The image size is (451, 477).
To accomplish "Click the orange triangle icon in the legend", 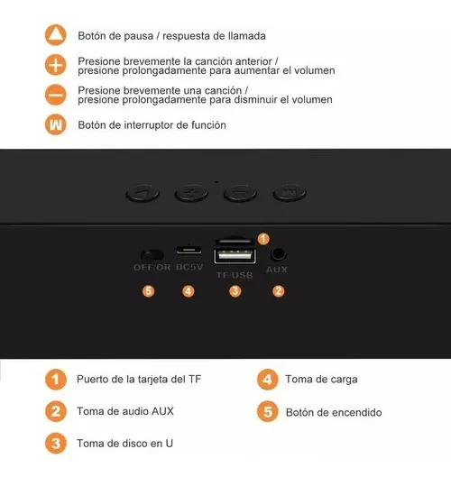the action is coord(55,35).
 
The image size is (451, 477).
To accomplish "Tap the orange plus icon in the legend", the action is coord(55,65).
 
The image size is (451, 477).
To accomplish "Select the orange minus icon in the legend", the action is coord(55,95).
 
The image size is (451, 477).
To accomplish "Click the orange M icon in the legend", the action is coord(55,124).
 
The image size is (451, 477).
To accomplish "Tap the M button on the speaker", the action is coord(290,193).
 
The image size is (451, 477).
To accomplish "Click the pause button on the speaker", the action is coord(143,193).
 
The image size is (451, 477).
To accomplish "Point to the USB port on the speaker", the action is coord(235,256).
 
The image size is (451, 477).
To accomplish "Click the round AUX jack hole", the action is coord(278,253).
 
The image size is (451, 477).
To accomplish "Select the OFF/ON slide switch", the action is coord(152,255).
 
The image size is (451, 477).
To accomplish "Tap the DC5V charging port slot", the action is coord(189,250).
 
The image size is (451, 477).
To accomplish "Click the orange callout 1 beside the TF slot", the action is coord(263,239).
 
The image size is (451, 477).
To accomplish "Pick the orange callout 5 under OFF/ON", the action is coord(149,291).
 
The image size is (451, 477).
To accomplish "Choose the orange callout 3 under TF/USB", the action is coord(235,291).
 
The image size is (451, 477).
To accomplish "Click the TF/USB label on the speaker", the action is coord(235,275).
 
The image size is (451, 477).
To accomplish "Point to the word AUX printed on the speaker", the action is coord(277,270).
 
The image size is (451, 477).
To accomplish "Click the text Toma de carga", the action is coord(321,380).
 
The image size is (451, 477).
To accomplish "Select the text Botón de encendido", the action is coord(334,412).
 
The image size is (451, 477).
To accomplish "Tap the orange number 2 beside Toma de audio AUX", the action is coord(56,411).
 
